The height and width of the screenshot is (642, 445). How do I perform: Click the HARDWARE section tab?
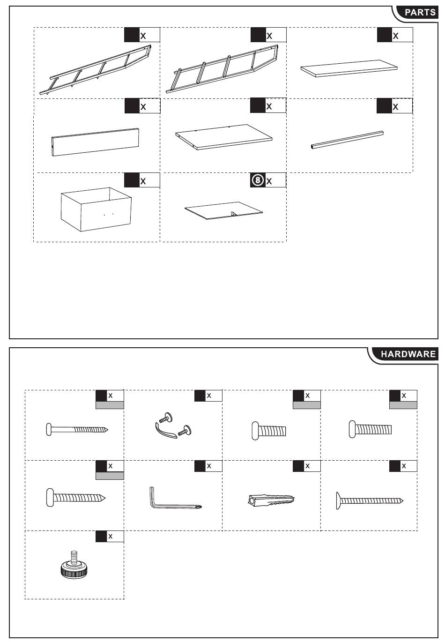(408, 354)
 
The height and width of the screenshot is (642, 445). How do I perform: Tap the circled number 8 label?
(258, 180)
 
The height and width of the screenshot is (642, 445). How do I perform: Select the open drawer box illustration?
(96, 210)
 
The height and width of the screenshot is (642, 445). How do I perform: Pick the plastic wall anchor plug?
(271, 500)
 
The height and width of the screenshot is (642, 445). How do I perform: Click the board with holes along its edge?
(224, 136)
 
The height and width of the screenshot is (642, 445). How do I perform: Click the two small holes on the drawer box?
(108, 214)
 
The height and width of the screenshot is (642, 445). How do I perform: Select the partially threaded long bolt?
(77, 429)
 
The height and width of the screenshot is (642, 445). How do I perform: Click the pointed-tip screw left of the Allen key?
(76, 498)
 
